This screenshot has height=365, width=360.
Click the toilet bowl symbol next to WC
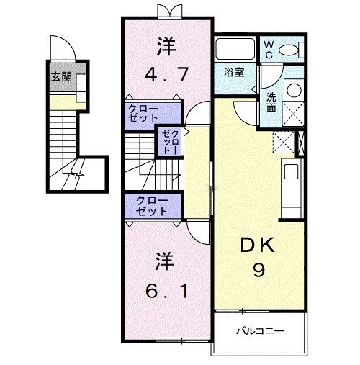pyautogui.click(x=291, y=49)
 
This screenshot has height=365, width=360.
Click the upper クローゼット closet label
pyautogui.click(x=145, y=113)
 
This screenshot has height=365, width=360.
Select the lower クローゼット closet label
pyautogui.click(x=149, y=206)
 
